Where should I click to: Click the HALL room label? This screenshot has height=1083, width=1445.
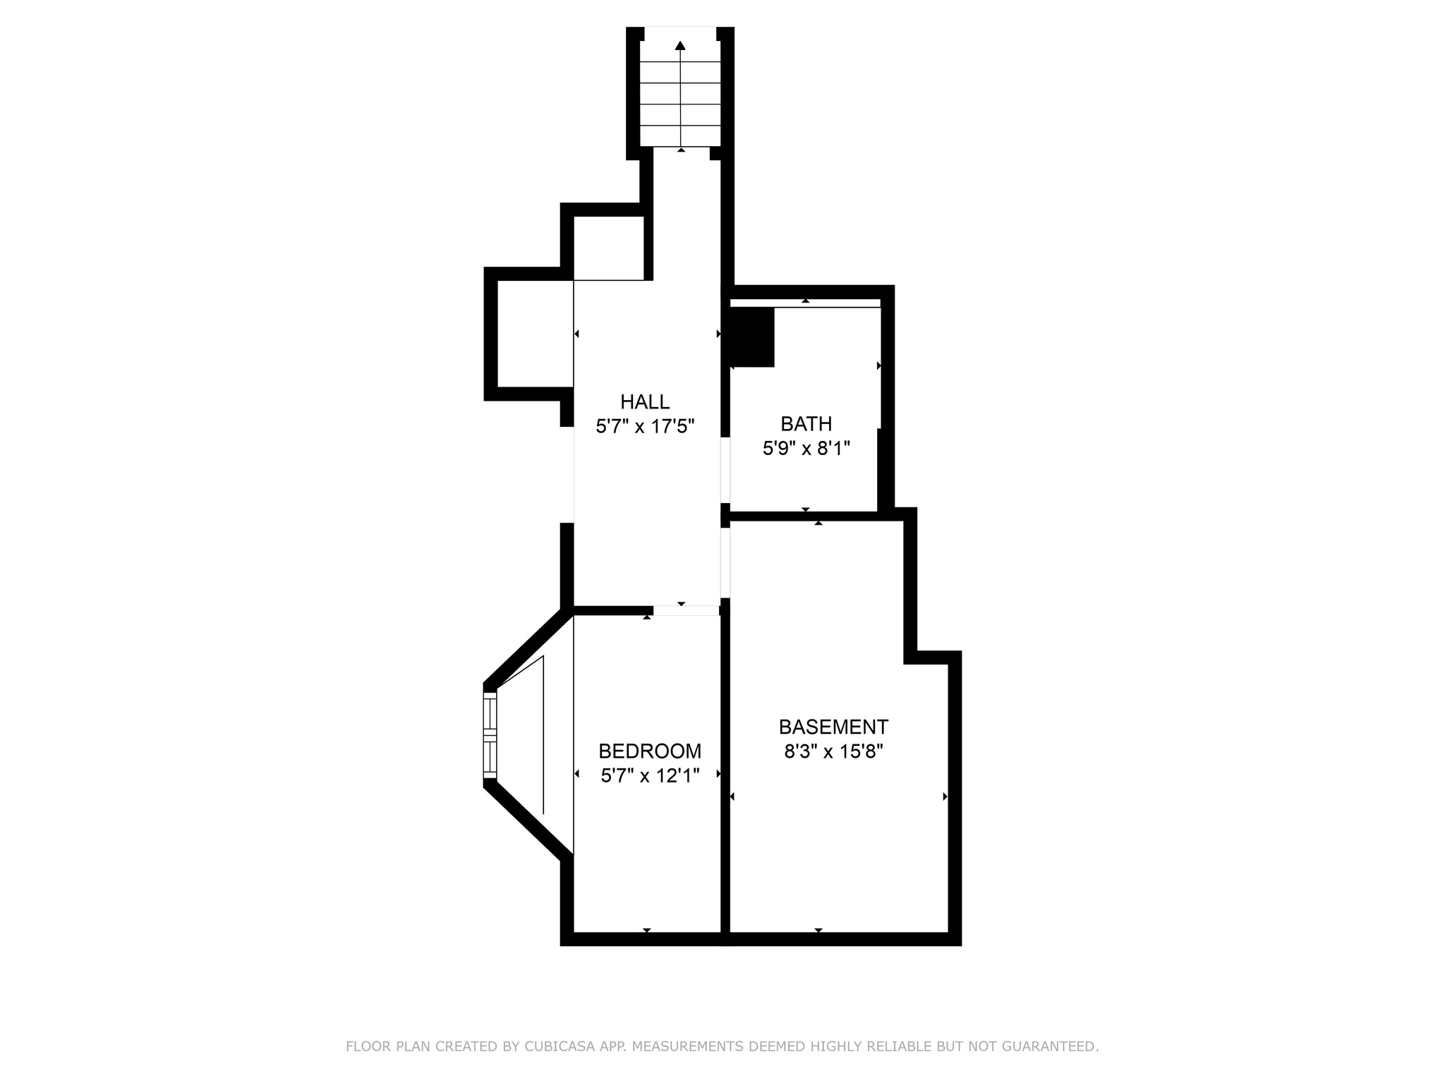[645, 402]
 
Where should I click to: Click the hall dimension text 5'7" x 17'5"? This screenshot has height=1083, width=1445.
[646, 426]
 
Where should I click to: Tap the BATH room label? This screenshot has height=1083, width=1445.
[806, 424]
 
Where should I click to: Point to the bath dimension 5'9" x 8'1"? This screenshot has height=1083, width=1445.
[806, 448]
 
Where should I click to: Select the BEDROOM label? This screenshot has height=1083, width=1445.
[650, 751]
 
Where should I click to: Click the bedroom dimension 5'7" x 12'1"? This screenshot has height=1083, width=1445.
[650, 775]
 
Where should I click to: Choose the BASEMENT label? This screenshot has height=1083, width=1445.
[833, 727]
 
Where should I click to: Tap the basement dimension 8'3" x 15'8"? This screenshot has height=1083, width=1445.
[833, 751]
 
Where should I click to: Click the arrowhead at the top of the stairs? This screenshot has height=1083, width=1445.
[680, 46]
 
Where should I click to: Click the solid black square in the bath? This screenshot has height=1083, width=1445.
[752, 337]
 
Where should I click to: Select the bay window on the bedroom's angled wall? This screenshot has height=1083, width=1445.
[490, 735]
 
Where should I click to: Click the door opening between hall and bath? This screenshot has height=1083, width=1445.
[725, 471]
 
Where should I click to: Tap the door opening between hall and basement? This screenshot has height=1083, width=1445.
[725, 563]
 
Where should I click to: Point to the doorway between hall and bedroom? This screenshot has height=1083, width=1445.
[686, 610]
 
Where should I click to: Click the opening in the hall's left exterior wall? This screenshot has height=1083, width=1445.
[567, 475]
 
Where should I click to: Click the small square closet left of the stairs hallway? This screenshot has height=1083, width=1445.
[609, 248]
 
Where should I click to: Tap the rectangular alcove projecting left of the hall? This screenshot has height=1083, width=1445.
[536, 334]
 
